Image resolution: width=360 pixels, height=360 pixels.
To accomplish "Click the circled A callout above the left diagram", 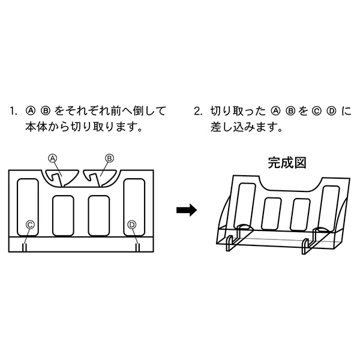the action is [x=53, y=158].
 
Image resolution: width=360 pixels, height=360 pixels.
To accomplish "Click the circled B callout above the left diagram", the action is [x=109, y=158].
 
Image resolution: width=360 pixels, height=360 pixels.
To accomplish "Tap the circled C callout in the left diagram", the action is [x=30, y=225].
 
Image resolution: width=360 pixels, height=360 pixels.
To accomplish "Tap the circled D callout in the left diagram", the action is [x=132, y=225].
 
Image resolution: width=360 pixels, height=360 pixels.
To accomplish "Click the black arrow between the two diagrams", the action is [x=187, y=210].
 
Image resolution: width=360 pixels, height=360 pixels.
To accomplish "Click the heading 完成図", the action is [x=287, y=163].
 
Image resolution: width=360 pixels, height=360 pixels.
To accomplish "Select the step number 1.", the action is [x=13, y=111].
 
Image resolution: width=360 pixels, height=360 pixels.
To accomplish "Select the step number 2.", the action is [x=199, y=111].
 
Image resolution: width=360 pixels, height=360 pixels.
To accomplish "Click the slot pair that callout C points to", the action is [x=25, y=248].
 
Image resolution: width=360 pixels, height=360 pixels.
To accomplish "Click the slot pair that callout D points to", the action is [x=137, y=248].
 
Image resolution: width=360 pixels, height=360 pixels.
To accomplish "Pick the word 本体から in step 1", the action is [x=47, y=127].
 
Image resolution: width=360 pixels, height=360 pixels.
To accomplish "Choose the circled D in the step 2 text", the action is [x=332, y=111].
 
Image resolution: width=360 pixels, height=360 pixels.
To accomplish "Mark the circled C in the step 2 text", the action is [x=316, y=111].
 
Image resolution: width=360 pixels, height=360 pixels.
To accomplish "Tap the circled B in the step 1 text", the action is [x=46, y=111].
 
